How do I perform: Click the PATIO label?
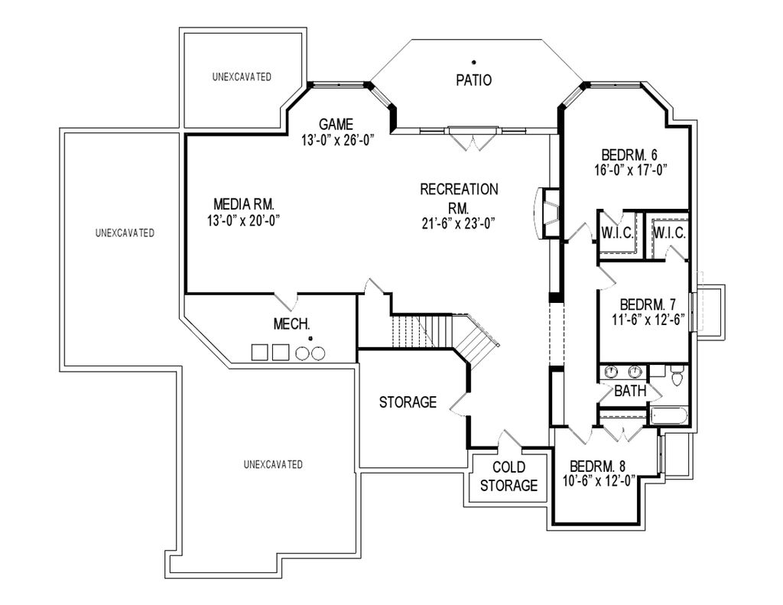(473, 80)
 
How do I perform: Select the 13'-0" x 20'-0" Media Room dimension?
(243, 220)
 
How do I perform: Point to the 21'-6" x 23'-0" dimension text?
(459, 224)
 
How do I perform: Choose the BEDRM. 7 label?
(648, 304)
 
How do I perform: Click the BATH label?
(631, 392)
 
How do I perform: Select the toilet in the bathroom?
(676, 377)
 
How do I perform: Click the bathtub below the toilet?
(668, 416)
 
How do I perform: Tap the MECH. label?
(291, 324)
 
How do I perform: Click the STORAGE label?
(408, 402)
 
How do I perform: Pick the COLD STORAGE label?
(508, 477)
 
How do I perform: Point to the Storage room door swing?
(460, 402)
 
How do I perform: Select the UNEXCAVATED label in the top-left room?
(242, 76)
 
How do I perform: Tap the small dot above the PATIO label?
(474, 61)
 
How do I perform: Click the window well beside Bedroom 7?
(707, 310)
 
